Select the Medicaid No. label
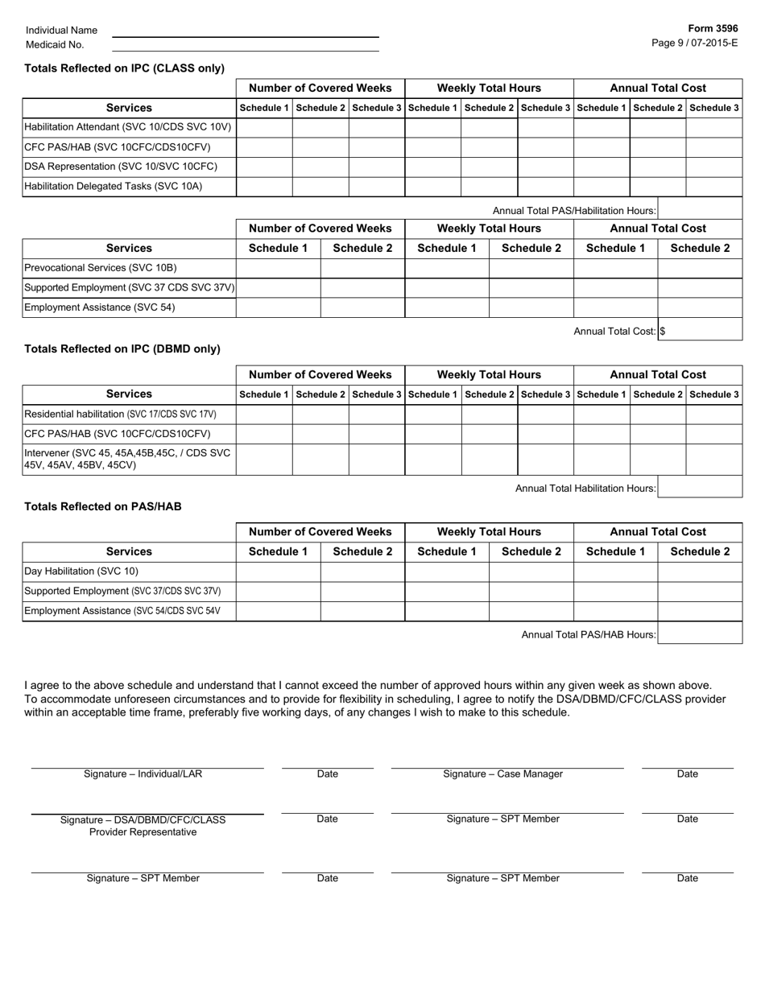coord(55,45)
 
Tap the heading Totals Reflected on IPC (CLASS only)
coord(125,68)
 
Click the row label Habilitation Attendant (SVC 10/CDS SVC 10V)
coord(128,127)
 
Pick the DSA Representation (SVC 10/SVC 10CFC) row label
coord(121,167)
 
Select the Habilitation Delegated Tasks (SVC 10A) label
coord(114,186)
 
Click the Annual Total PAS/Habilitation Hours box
coord(699,209)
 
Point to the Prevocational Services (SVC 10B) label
coord(101,268)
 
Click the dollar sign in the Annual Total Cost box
coord(662,331)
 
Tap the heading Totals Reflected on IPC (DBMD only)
coord(122,349)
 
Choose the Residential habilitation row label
coord(120,415)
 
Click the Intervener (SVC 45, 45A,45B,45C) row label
coord(127,459)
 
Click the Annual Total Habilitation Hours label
coord(585,489)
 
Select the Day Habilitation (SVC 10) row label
coord(81,571)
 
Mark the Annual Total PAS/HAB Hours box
coord(699,634)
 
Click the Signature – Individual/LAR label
coord(143,774)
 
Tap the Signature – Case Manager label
coord(502,774)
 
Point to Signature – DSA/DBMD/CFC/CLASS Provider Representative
coord(143,826)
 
